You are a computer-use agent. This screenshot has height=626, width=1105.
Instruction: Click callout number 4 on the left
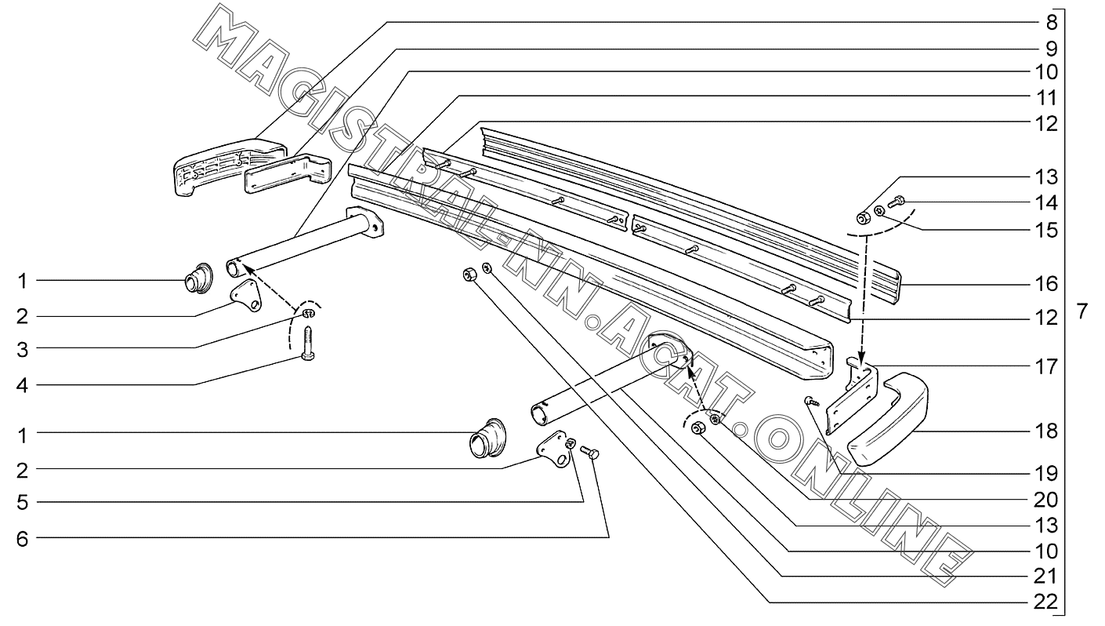(x=24, y=384)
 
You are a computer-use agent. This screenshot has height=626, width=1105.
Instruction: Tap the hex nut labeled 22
(x=469, y=274)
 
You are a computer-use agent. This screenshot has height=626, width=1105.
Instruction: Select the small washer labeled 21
(x=487, y=268)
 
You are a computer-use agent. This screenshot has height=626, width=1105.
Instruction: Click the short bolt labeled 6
(x=593, y=453)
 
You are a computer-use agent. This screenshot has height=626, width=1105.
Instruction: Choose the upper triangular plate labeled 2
(x=245, y=296)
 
